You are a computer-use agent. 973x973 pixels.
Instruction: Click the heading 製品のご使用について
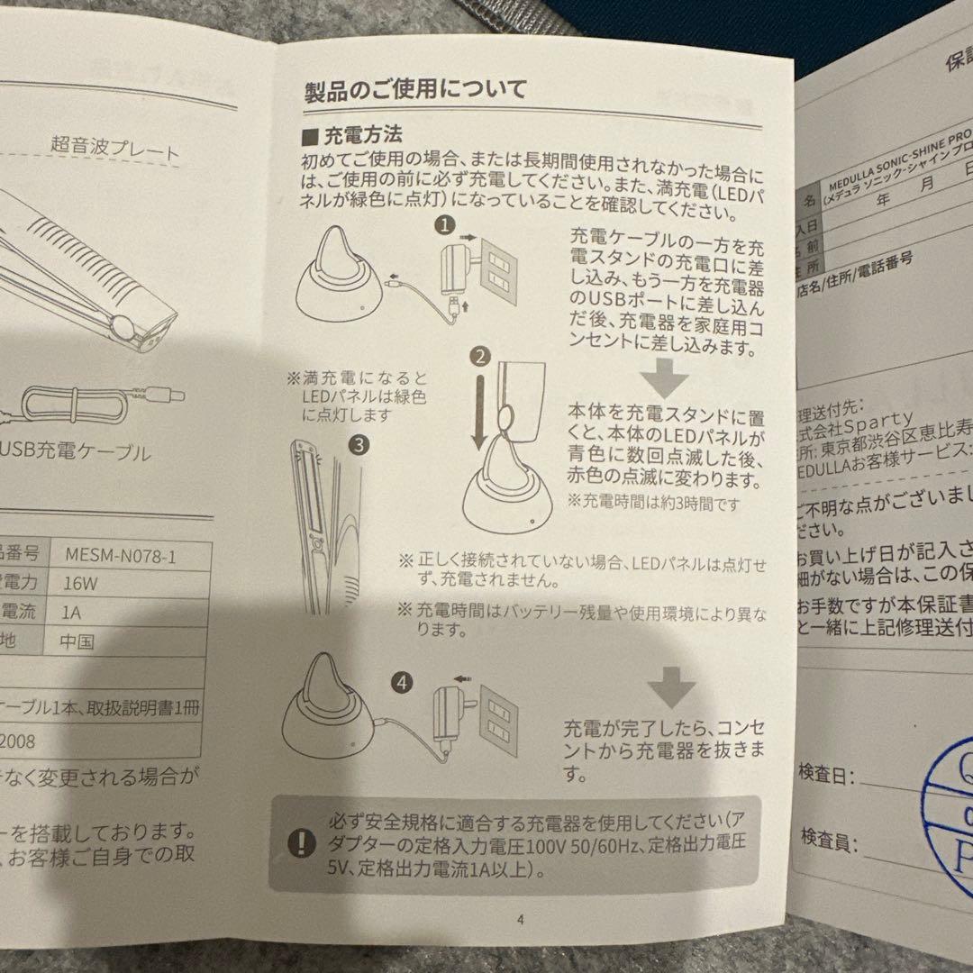coord(416,90)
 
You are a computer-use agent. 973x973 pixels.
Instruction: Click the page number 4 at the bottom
coord(520,920)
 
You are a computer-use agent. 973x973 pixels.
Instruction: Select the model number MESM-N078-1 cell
coord(121,555)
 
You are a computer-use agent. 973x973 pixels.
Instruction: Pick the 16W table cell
coord(81,584)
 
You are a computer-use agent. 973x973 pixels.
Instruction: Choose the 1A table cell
coord(77,613)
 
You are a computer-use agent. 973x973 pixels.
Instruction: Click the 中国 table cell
coord(78,642)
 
